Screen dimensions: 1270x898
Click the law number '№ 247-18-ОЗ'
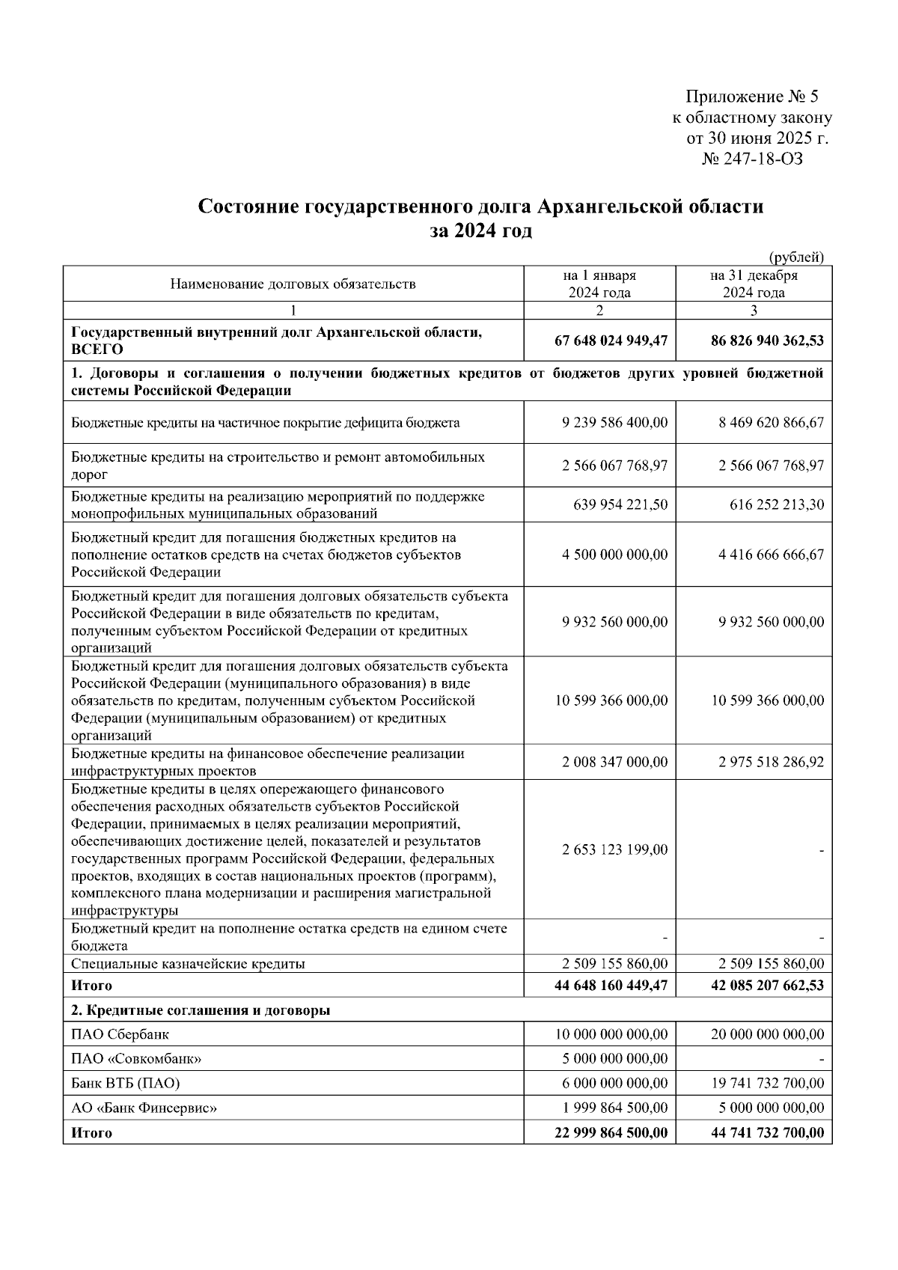coord(752,159)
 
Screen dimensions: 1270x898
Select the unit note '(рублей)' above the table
coord(795,257)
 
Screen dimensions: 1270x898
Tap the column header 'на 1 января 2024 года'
coord(599,284)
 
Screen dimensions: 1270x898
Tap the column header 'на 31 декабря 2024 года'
coord(754,284)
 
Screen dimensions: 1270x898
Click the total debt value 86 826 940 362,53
coord(767,341)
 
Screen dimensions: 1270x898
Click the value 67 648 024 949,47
coord(611,341)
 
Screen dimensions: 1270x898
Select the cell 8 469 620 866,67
coord(771,423)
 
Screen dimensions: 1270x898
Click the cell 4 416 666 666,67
coord(771,555)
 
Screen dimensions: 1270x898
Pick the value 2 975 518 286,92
coord(771,763)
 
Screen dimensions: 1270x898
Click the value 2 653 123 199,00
coord(614,850)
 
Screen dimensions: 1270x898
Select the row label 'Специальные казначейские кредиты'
coord(188,964)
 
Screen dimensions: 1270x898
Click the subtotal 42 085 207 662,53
coord(767,986)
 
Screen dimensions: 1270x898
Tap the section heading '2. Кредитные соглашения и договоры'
coord(201,1010)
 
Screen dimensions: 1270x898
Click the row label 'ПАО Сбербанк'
coord(120,1035)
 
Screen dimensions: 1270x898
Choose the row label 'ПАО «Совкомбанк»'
coord(136,1059)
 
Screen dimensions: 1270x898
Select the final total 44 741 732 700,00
coord(767,1133)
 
